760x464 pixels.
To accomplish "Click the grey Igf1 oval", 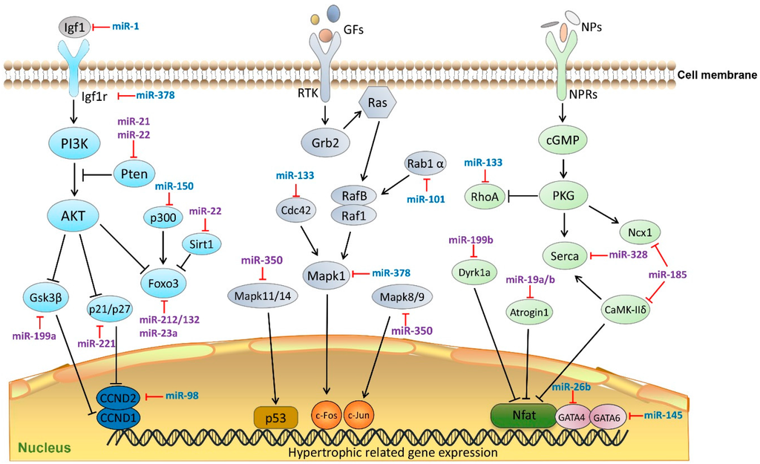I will (75, 27).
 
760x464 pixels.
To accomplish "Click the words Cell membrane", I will (717, 74).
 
